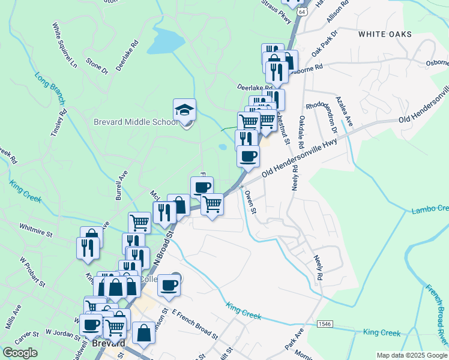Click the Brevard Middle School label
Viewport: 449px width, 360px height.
(135, 122)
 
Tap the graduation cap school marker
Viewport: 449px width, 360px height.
(184, 110)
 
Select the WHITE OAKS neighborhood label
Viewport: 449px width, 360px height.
(385, 34)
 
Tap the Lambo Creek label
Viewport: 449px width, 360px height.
(430, 209)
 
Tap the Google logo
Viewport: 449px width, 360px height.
(20, 353)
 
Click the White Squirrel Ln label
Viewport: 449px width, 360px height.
(65, 46)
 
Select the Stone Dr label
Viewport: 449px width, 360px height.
(97, 66)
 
